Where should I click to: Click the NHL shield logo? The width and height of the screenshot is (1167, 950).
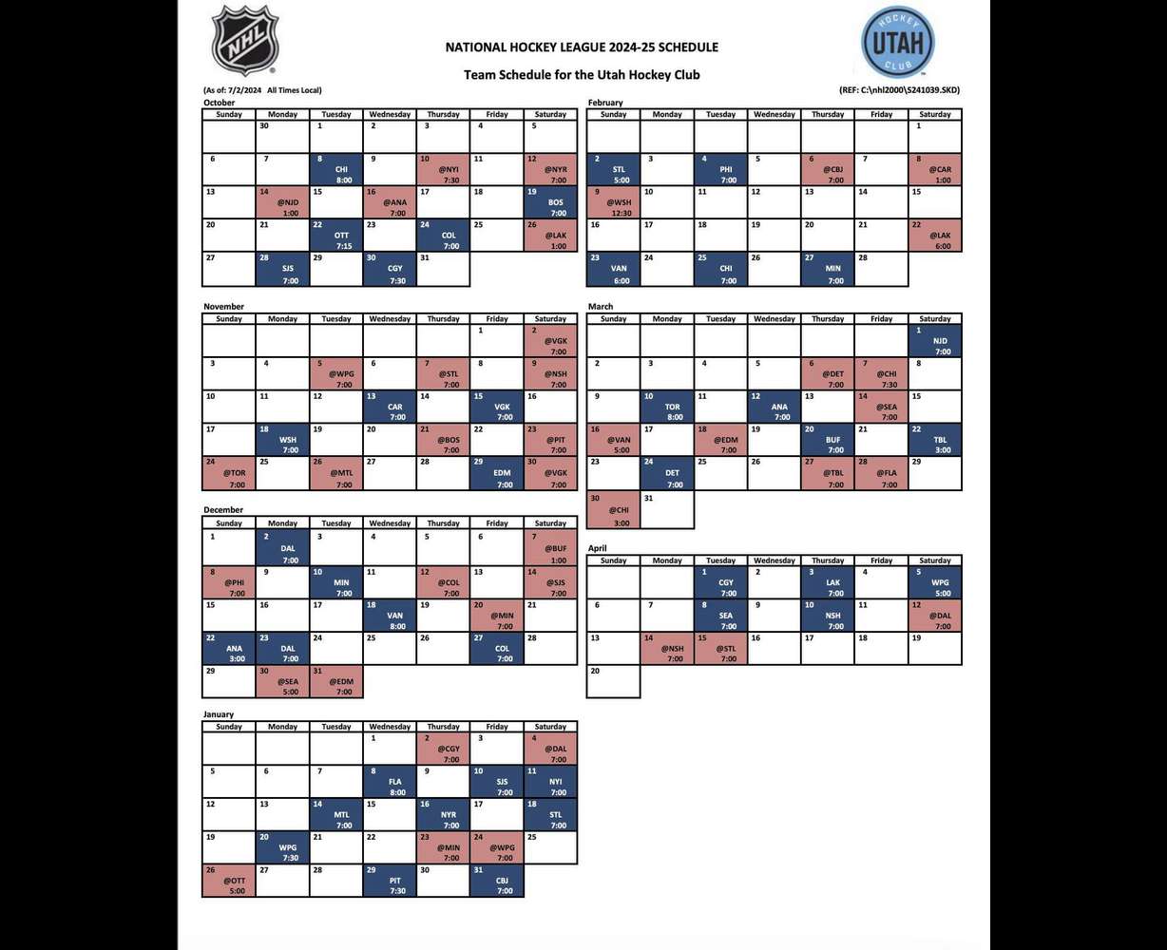pyautogui.click(x=244, y=41)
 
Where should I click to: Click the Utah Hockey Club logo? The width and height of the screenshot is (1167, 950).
pyautogui.click(x=897, y=43)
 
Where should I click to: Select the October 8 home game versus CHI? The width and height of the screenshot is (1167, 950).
pyautogui.click(x=335, y=169)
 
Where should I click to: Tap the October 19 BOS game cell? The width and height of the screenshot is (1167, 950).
pyautogui.click(x=550, y=201)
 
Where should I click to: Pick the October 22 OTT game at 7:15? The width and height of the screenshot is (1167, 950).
pyautogui.click(x=335, y=235)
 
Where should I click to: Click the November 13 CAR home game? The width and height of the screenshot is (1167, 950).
pyautogui.click(x=390, y=407)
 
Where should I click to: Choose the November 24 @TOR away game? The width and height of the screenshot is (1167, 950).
pyautogui.click(x=229, y=472)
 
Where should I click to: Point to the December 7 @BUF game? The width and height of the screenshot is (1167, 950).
pyautogui.click(x=550, y=548)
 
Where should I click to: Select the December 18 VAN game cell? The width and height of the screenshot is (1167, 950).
pyautogui.click(x=390, y=614)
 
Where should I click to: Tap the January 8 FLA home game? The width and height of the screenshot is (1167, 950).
pyautogui.click(x=390, y=781)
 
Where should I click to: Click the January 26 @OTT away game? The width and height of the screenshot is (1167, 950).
pyautogui.click(x=229, y=880)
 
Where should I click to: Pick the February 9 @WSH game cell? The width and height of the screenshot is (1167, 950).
pyautogui.click(x=613, y=201)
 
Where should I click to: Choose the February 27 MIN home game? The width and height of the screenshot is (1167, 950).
pyautogui.click(x=828, y=268)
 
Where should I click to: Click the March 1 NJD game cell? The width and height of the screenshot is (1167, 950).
pyautogui.click(x=935, y=340)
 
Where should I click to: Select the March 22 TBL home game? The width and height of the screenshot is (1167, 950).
pyautogui.click(x=935, y=439)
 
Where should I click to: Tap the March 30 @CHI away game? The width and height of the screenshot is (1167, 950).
pyautogui.click(x=613, y=511)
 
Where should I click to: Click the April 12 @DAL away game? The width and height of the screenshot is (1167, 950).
pyautogui.click(x=935, y=615)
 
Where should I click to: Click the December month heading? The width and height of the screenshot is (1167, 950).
pyautogui.click(x=223, y=510)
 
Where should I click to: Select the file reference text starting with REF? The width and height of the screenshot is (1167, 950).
pyautogui.click(x=899, y=90)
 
